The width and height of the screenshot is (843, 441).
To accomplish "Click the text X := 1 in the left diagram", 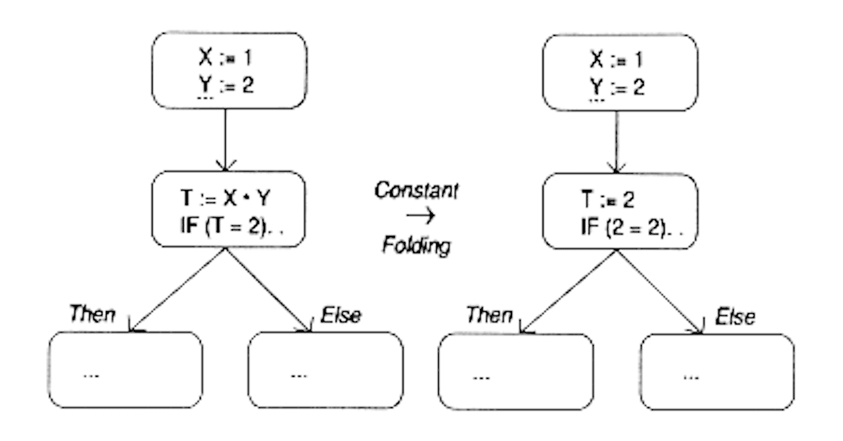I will coord(225,58).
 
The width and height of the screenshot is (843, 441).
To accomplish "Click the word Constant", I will coord(416,191).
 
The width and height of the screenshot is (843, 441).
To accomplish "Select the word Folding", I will coord(416,246).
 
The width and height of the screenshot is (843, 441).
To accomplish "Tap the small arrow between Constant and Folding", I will coord(421,215).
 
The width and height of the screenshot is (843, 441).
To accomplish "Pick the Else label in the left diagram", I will coord(340,315).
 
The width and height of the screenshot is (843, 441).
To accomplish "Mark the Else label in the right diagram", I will coord(734,316).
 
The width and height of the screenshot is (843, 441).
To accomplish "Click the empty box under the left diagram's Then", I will coord(125,370).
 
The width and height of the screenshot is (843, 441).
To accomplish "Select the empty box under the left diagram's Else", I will coord(325,370).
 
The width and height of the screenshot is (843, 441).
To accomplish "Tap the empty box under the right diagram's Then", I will coord(516,371).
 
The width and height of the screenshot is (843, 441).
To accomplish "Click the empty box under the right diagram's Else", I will coord(717,372).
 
